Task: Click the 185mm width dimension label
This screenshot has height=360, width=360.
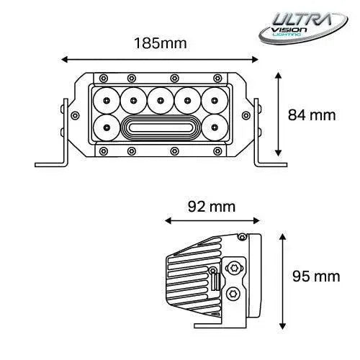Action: [161, 42]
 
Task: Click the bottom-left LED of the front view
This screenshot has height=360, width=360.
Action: [105, 128]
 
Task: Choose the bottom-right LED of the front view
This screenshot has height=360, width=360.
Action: [215, 128]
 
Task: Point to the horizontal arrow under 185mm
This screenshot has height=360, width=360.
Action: [160, 60]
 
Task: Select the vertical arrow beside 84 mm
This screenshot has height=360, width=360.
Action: [278, 114]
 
